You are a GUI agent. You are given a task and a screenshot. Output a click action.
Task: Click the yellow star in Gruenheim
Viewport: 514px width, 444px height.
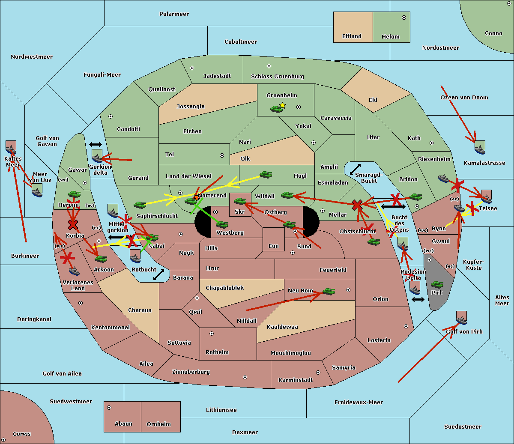click(282, 105)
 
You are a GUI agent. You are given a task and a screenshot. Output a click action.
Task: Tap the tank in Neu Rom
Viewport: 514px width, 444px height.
click(329, 292)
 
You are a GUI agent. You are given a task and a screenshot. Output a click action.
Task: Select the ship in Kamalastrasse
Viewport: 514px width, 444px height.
click(480, 147)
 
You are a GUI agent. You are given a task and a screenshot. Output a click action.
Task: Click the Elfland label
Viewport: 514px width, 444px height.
click(352, 36)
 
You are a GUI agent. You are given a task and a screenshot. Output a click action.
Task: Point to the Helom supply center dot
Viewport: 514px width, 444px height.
click(403, 18)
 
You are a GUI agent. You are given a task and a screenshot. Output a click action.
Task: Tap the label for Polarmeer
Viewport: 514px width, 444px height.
click(174, 14)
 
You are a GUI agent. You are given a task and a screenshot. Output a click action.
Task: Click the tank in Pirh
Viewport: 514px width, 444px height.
click(437, 285)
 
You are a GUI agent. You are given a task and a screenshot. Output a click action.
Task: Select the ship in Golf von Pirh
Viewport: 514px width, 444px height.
click(461, 318)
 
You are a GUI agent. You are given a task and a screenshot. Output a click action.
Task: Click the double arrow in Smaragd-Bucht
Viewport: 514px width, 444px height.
click(355, 170)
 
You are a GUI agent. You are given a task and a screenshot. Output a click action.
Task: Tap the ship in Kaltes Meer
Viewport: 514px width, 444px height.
click(11, 148)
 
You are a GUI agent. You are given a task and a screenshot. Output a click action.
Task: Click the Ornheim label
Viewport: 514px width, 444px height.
click(158, 424)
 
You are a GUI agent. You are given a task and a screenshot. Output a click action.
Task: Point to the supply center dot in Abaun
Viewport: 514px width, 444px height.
click(109, 408)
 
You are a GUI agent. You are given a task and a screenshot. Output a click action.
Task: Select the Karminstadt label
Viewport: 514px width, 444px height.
click(296, 380)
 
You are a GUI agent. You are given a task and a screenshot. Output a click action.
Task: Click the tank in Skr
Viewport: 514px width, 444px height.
click(240, 201)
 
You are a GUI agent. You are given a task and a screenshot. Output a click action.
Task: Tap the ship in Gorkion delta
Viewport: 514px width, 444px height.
click(97, 156)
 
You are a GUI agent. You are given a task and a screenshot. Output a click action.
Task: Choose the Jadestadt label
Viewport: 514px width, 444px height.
click(217, 76)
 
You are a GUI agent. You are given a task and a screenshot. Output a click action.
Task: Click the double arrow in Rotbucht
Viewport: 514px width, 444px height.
click(159, 274)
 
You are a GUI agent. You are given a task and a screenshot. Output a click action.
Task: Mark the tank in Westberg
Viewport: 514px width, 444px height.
click(222, 224)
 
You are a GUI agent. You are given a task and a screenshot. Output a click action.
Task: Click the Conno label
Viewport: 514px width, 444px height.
click(493, 33)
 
